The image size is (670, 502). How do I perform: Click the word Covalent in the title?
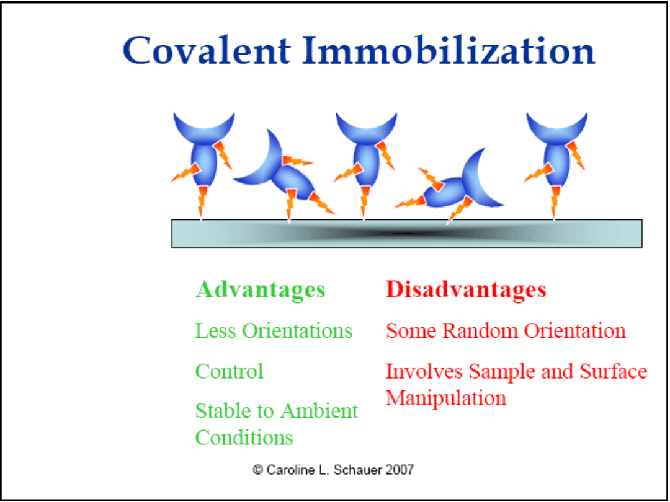tap(207, 50)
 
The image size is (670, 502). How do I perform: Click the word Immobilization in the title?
tap(449, 50)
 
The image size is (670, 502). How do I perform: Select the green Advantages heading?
tap(260, 290)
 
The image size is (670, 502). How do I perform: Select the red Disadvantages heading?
tap(466, 289)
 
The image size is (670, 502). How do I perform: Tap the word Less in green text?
tap(215, 331)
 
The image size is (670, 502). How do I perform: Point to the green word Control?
tap(230, 371)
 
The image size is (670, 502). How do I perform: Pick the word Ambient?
tap(319, 411)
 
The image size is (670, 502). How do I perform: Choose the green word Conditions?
tap(244, 438)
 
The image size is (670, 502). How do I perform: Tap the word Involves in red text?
tap(424, 371)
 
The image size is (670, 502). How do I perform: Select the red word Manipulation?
tap(446, 398)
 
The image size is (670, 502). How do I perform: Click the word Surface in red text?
tap(614, 371)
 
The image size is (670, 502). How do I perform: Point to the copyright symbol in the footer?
tap(257, 470)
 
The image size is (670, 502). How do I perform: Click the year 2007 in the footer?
tap(400, 470)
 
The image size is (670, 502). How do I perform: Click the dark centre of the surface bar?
tap(401, 233)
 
